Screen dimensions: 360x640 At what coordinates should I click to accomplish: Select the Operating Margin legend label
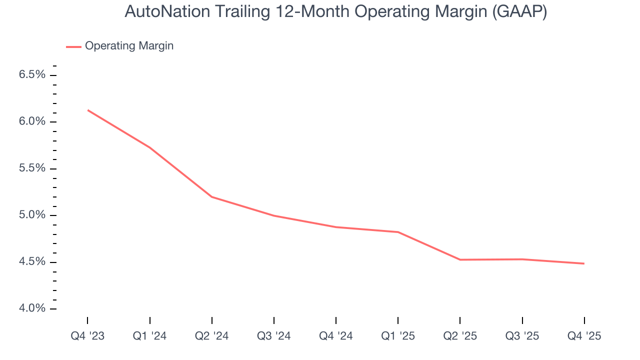(x=129, y=46)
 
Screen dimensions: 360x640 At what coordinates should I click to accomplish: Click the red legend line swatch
(x=73, y=47)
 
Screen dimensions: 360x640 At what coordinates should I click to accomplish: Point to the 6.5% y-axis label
(x=32, y=75)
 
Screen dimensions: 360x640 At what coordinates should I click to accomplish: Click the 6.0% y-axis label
(x=32, y=122)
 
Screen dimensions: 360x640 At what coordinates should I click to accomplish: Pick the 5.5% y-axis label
(x=32, y=168)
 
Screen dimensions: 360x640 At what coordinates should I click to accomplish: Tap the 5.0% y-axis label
(x=32, y=215)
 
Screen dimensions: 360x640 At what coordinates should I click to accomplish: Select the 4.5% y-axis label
(x=32, y=262)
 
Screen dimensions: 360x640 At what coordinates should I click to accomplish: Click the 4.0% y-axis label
(x=32, y=308)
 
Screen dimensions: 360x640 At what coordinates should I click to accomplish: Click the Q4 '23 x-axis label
(x=87, y=336)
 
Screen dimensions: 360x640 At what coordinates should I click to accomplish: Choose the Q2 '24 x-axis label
(x=212, y=336)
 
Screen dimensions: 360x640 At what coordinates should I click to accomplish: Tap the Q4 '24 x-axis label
(x=336, y=336)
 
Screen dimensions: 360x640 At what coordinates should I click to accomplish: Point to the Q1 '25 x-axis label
(x=398, y=336)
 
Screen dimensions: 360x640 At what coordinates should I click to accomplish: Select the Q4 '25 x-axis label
(x=584, y=336)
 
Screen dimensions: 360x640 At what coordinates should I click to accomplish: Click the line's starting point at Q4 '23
(x=88, y=110)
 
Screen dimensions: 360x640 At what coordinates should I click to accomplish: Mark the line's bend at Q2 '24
(x=212, y=196)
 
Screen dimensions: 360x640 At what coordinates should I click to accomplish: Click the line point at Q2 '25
(x=460, y=259)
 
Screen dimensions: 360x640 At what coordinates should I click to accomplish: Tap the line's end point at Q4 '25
(x=584, y=263)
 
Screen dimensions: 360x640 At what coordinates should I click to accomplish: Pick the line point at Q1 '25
(x=398, y=232)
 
